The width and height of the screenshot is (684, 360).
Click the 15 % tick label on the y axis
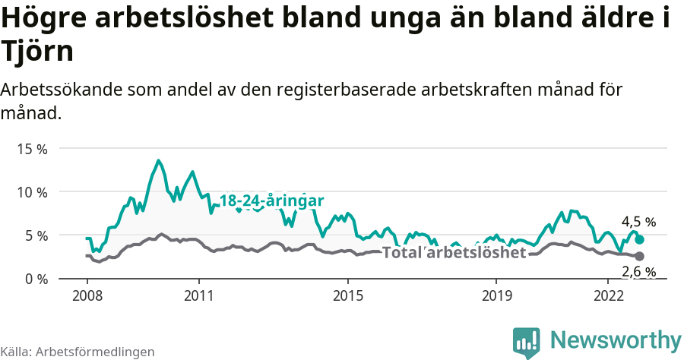[x=31, y=149]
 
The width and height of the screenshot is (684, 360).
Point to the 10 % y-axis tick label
[x=31, y=192]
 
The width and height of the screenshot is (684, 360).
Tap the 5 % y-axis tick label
[x=35, y=235]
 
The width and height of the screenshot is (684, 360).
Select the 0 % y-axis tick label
[x=35, y=279]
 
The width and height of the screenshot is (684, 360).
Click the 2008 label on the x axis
[x=87, y=295]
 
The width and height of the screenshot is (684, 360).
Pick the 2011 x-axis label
[x=198, y=295]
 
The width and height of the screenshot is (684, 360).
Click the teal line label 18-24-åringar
[x=271, y=201]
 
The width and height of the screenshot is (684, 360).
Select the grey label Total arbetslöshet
[x=454, y=253]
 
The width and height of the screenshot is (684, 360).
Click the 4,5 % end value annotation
[x=638, y=223]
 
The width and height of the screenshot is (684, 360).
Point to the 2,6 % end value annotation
[x=638, y=272]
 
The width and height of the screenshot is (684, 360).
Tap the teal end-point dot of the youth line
[x=640, y=239]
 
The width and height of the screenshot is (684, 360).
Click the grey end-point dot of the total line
[x=640, y=257]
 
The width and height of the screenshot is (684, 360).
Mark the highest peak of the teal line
[x=158, y=161]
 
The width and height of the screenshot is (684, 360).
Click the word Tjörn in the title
[x=38, y=52]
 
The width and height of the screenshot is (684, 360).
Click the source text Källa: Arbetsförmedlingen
[x=78, y=352]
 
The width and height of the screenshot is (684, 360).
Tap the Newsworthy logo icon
[x=526, y=343]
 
